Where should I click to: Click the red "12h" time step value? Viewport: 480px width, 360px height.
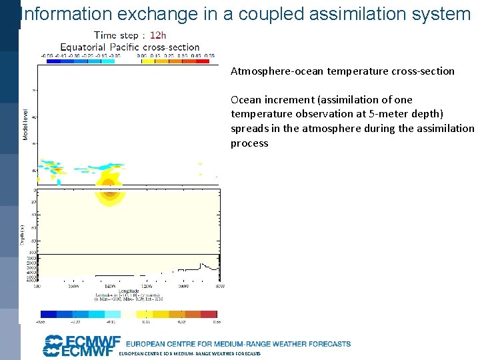[x=158, y=35]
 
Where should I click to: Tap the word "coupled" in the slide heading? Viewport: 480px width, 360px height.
[x=277, y=13]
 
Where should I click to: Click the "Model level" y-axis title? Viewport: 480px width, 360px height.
[x=26, y=125]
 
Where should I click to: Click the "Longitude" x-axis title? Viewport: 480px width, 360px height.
[x=129, y=291]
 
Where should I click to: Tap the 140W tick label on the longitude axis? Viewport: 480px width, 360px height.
[x=100, y=286]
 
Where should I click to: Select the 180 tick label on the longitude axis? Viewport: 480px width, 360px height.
[x=37, y=286]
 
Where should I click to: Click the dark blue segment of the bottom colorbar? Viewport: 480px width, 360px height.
[x=49, y=313]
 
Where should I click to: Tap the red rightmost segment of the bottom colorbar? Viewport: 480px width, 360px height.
[x=209, y=313]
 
